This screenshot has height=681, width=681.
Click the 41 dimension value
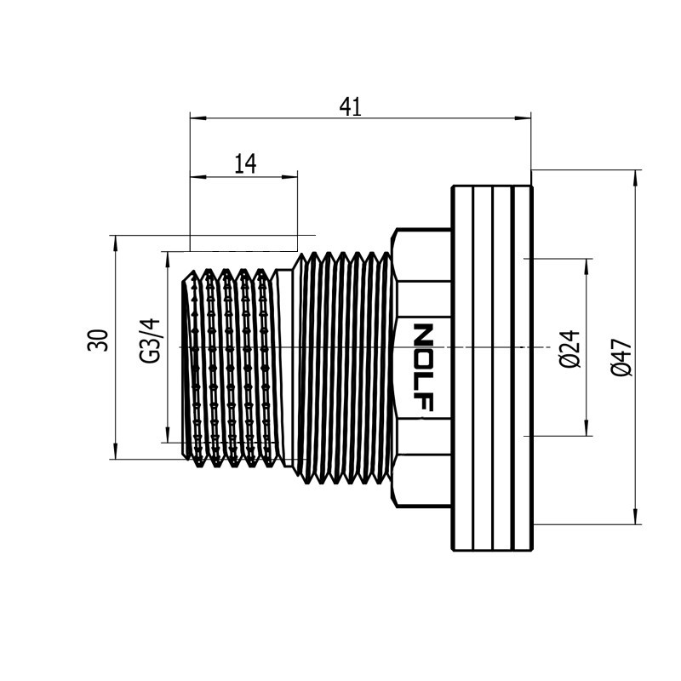click(350, 107)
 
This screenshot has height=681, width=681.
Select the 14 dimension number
click(245, 163)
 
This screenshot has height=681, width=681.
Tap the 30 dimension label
click(98, 340)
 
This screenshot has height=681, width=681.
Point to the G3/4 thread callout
click(150, 341)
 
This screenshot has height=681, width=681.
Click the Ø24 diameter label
click(569, 349)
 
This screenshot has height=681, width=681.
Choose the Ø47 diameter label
click(621, 358)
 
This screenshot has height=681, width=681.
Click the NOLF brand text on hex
click(423, 367)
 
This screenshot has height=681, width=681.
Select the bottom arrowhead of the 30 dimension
click(115, 451)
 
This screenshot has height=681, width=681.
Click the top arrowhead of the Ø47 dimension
click(636, 178)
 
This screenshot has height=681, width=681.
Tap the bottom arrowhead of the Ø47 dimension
click(636, 517)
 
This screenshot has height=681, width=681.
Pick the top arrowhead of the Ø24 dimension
click(587, 266)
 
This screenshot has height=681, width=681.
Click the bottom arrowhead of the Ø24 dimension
click(587, 428)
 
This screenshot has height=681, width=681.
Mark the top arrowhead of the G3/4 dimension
click(168, 260)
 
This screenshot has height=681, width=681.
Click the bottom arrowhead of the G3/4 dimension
click(168, 435)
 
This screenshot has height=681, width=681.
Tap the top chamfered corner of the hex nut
click(394, 232)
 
